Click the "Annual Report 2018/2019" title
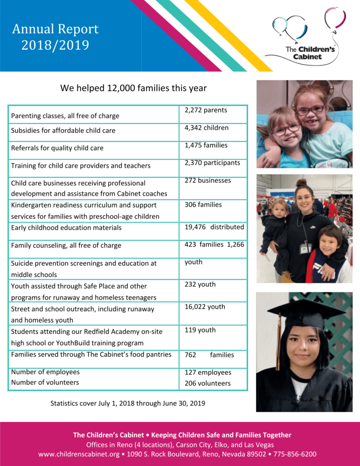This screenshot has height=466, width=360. [55, 37]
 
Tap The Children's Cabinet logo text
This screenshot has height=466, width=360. [309, 53]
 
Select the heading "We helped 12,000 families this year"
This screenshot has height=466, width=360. [133, 88]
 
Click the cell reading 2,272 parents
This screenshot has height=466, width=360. [206, 111]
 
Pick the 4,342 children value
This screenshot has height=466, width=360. [207, 128]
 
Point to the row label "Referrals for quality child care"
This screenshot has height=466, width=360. [57, 148]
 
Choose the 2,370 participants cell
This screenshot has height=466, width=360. [213, 163]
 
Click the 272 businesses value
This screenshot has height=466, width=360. [208, 181]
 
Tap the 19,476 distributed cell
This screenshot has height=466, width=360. [214, 227]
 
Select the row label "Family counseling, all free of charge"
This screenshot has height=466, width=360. [66, 245]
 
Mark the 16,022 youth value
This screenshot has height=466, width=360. [205, 307]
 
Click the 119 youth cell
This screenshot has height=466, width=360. [200, 330]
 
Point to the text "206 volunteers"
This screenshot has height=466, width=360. [208, 383]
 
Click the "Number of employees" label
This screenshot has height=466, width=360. [45, 372]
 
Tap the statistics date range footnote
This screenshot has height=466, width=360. [127, 403]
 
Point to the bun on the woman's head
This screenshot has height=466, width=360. [301, 183]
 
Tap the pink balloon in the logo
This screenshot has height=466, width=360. [335, 17]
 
